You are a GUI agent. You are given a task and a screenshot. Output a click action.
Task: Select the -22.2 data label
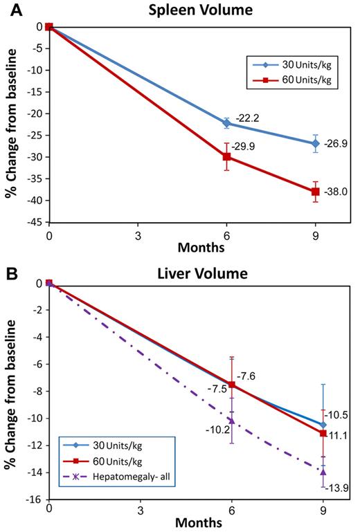[x=248, y=119]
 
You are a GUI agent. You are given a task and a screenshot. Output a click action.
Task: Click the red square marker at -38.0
[x=315, y=192]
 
